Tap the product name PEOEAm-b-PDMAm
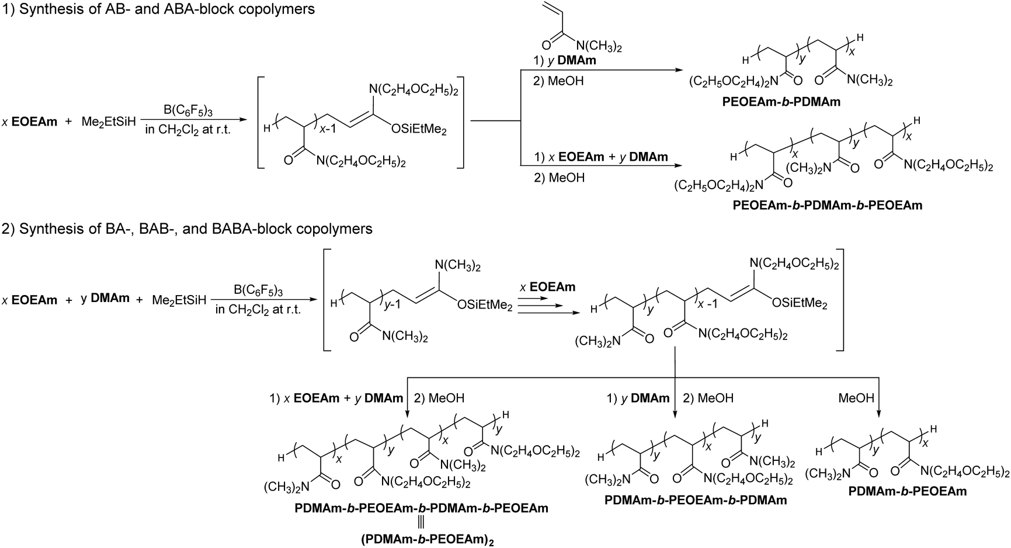(781, 102)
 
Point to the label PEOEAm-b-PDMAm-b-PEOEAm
(827, 205)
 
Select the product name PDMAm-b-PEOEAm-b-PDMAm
(696, 500)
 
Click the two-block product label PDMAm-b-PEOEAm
(908, 491)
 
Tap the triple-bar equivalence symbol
(421, 524)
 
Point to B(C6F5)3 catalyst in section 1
(187, 109)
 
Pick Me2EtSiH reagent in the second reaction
(179, 301)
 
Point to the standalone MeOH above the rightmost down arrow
(856, 398)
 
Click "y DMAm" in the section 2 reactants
(105, 299)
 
